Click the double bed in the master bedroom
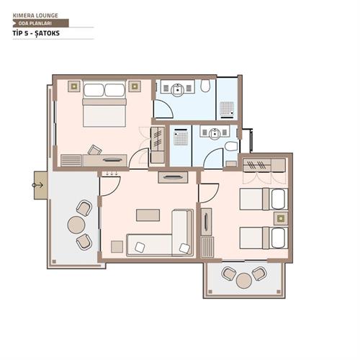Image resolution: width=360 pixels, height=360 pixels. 104,104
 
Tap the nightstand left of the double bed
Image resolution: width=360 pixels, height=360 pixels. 73,86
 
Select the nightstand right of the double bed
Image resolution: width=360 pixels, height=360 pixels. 134,86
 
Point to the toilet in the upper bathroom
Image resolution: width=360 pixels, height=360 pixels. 206,88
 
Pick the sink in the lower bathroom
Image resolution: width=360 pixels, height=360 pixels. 215,132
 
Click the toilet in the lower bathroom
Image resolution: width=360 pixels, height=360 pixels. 230,147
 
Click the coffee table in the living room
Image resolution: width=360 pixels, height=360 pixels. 148,215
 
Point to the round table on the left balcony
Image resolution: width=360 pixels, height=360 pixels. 76,225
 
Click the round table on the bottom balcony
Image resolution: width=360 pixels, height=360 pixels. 243,279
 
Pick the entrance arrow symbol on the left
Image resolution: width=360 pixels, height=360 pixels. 37,185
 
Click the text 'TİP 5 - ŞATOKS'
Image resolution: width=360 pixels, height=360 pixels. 36,34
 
